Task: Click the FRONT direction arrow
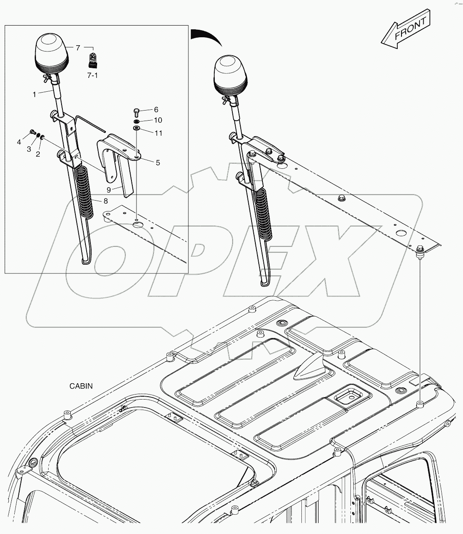click(x=405, y=29)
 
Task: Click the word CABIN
click(x=81, y=386)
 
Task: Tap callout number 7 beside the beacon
click(x=78, y=48)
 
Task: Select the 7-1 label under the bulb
click(x=93, y=75)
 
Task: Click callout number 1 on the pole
click(x=34, y=95)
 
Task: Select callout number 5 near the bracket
click(x=158, y=163)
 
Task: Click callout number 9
click(x=108, y=189)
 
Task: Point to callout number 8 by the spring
click(x=106, y=201)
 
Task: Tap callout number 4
click(x=19, y=142)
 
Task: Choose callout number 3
click(x=29, y=149)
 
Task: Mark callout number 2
click(x=38, y=155)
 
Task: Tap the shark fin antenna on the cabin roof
click(x=311, y=370)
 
